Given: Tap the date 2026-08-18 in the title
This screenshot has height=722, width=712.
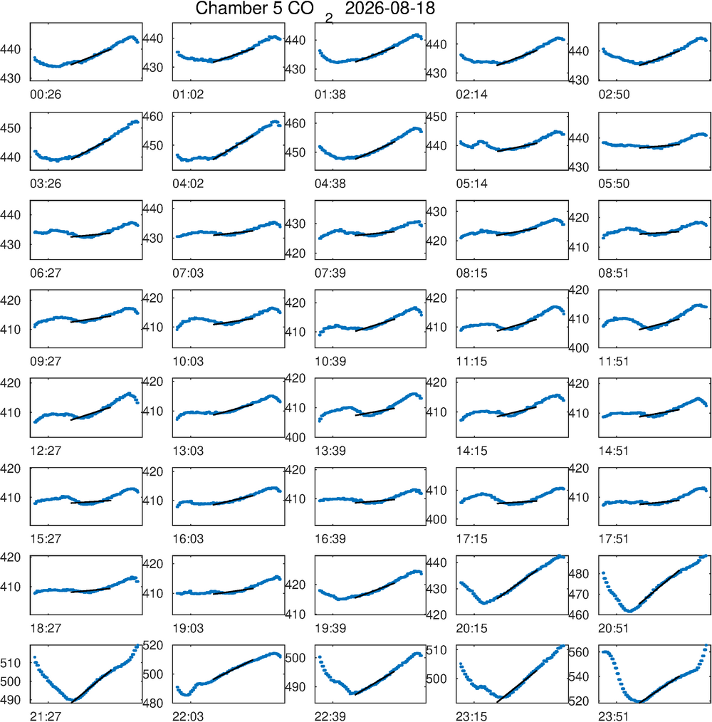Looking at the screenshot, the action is (389, 9).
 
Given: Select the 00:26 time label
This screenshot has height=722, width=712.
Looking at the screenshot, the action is (46, 95).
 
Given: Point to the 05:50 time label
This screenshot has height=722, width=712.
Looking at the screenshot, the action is (614, 184).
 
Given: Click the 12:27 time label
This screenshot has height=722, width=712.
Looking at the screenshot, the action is (46, 450).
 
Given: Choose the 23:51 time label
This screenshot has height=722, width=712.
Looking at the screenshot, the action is (614, 716).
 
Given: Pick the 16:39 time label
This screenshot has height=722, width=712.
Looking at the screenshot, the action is (330, 539).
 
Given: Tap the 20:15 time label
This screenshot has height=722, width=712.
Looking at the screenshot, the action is (471, 628).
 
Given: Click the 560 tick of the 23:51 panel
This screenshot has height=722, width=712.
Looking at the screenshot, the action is (580, 652).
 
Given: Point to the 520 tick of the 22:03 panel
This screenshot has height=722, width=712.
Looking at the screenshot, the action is (153, 645).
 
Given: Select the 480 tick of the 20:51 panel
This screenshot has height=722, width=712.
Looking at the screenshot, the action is (580, 574).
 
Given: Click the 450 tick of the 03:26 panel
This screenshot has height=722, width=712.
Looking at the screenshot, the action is (11, 128).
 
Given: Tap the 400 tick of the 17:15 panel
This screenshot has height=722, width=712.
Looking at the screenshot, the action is (437, 519).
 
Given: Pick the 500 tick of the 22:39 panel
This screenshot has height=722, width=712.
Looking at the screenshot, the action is (295, 657).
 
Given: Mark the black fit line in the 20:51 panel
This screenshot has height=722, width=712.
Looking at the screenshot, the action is (659, 587).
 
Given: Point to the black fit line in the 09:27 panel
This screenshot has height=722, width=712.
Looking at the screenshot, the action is (90, 319).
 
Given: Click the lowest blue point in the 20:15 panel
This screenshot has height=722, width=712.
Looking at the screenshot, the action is (483, 603).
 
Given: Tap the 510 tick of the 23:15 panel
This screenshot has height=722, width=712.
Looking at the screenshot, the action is (437, 650).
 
